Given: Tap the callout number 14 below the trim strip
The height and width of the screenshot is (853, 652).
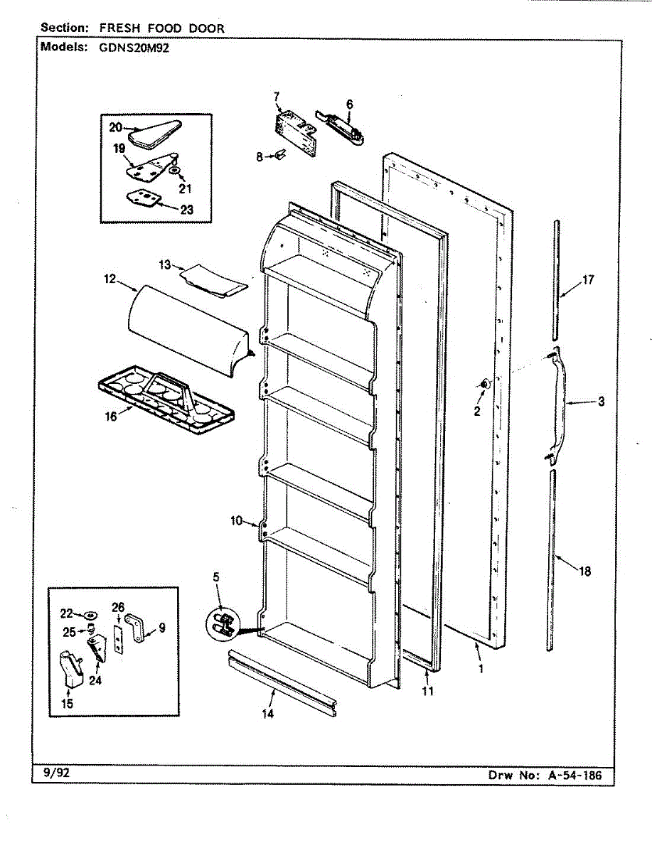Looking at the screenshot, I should click(x=267, y=714).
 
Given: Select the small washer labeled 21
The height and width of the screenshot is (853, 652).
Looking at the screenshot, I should click(x=176, y=171).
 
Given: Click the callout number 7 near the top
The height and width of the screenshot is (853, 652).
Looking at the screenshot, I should click(x=277, y=95).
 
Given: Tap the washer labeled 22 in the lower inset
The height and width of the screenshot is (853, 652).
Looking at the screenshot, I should click(x=91, y=613).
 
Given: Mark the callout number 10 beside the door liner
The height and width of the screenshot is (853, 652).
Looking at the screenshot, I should click(x=236, y=521).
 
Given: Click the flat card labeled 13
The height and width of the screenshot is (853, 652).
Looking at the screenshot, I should click(x=213, y=279).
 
